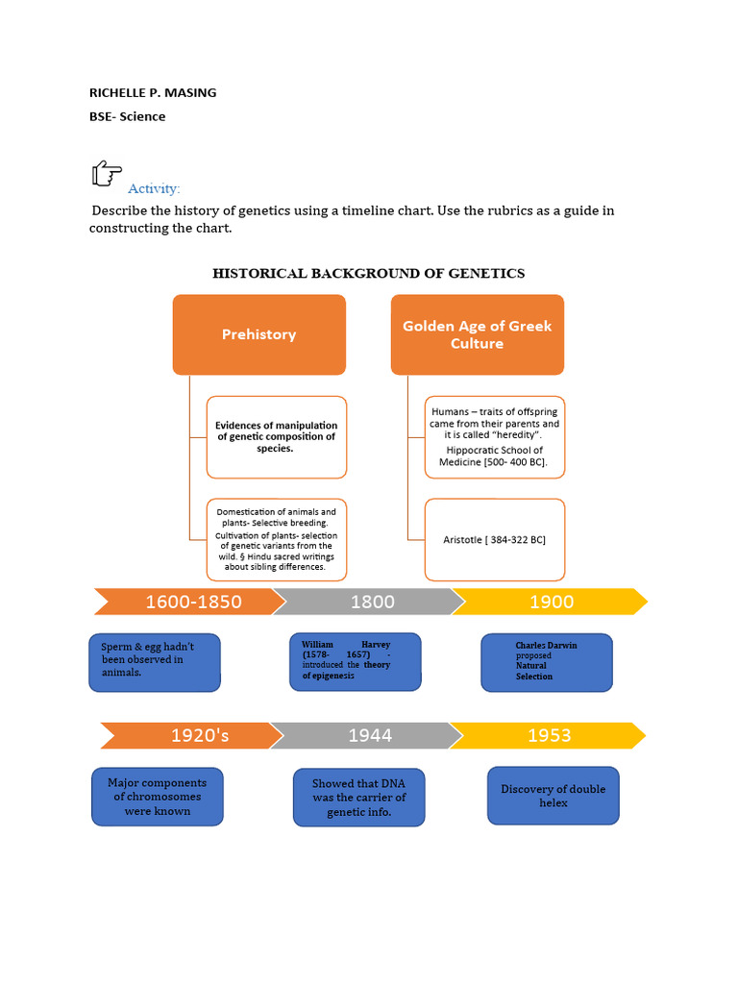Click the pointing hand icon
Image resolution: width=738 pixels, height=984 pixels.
click(106, 174)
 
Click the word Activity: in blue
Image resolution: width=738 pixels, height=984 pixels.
click(154, 188)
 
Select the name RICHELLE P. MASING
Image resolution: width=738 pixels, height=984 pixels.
click(153, 93)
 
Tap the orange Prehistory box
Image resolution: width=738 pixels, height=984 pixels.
click(258, 334)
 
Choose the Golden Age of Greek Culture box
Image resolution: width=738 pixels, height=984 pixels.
click(477, 334)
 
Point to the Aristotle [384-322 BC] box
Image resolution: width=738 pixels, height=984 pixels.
click(494, 540)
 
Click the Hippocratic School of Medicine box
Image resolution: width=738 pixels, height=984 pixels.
click(494, 437)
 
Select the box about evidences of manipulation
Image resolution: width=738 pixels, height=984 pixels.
click(276, 437)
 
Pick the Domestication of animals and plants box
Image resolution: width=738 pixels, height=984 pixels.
click(276, 540)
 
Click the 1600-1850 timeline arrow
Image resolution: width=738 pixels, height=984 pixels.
click(192, 603)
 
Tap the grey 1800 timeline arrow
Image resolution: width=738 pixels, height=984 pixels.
click(372, 603)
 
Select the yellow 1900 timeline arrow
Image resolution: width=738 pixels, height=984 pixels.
click(551, 603)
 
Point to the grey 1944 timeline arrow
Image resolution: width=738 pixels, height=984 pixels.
click(370, 736)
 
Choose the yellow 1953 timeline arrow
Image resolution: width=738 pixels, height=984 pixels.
click(549, 736)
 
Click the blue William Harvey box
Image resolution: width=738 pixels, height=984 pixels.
click(355, 661)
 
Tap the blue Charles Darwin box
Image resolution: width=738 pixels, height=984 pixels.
click(546, 661)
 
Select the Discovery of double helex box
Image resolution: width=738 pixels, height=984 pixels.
click(553, 796)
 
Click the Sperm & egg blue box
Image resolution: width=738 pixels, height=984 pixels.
click(155, 661)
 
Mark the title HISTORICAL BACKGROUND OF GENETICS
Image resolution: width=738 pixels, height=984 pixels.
click(368, 274)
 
